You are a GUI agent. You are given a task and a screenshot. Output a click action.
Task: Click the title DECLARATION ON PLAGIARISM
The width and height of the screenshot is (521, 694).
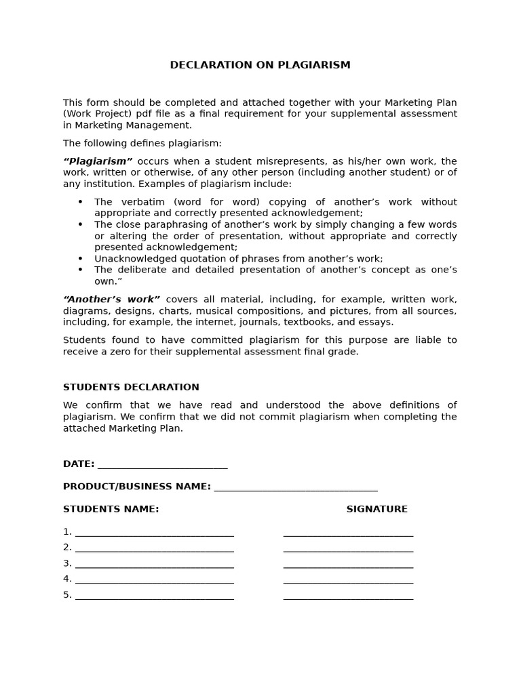pyautogui.click(x=260, y=65)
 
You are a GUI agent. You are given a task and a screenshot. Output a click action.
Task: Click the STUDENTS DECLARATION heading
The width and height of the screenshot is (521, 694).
pyautogui.click(x=131, y=387)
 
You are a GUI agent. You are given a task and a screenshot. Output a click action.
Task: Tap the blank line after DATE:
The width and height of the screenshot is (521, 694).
pyautogui.click(x=163, y=465)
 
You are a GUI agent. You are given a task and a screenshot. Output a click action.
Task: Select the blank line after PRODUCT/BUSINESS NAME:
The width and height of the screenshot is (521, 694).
pyautogui.click(x=296, y=487)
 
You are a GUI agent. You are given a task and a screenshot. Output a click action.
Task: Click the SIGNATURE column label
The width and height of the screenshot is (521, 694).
pyautogui.click(x=377, y=509)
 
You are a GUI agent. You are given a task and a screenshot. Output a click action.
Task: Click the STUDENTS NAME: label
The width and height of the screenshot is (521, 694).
pyautogui.click(x=111, y=509)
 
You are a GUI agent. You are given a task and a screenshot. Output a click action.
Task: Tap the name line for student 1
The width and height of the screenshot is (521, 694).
pyautogui.click(x=155, y=533)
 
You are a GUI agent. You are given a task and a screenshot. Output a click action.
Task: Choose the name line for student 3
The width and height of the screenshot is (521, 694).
pyautogui.click(x=155, y=565)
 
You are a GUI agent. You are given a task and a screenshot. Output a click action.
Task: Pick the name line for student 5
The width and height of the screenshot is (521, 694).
pyautogui.click(x=155, y=596)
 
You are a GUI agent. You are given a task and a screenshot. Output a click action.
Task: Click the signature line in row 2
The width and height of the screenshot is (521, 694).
pyautogui.click(x=348, y=548)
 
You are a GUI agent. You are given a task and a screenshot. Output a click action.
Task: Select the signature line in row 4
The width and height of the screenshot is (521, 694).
pyautogui.click(x=348, y=580)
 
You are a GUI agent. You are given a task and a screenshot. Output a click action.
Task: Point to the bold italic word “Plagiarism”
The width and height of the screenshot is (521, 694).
pyautogui.click(x=98, y=161)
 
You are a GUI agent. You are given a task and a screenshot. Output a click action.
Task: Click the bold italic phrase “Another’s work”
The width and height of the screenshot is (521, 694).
pyautogui.click(x=111, y=299)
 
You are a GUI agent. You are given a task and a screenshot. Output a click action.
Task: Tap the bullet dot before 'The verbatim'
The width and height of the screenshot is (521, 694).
pyautogui.click(x=80, y=202)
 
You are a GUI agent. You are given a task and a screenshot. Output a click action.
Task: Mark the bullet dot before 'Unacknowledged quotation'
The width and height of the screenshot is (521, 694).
pyautogui.click(x=80, y=258)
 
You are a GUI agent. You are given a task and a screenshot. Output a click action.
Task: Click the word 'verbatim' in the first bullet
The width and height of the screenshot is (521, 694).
pyautogui.click(x=142, y=202)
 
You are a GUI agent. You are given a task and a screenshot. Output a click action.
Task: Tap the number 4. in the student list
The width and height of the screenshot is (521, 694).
pyautogui.click(x=67, y=579)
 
